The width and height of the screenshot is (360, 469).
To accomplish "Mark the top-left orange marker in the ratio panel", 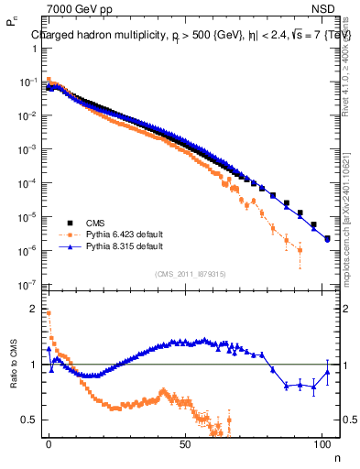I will point(49,313).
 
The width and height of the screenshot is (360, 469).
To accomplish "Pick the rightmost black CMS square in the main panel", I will point(328,239).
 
